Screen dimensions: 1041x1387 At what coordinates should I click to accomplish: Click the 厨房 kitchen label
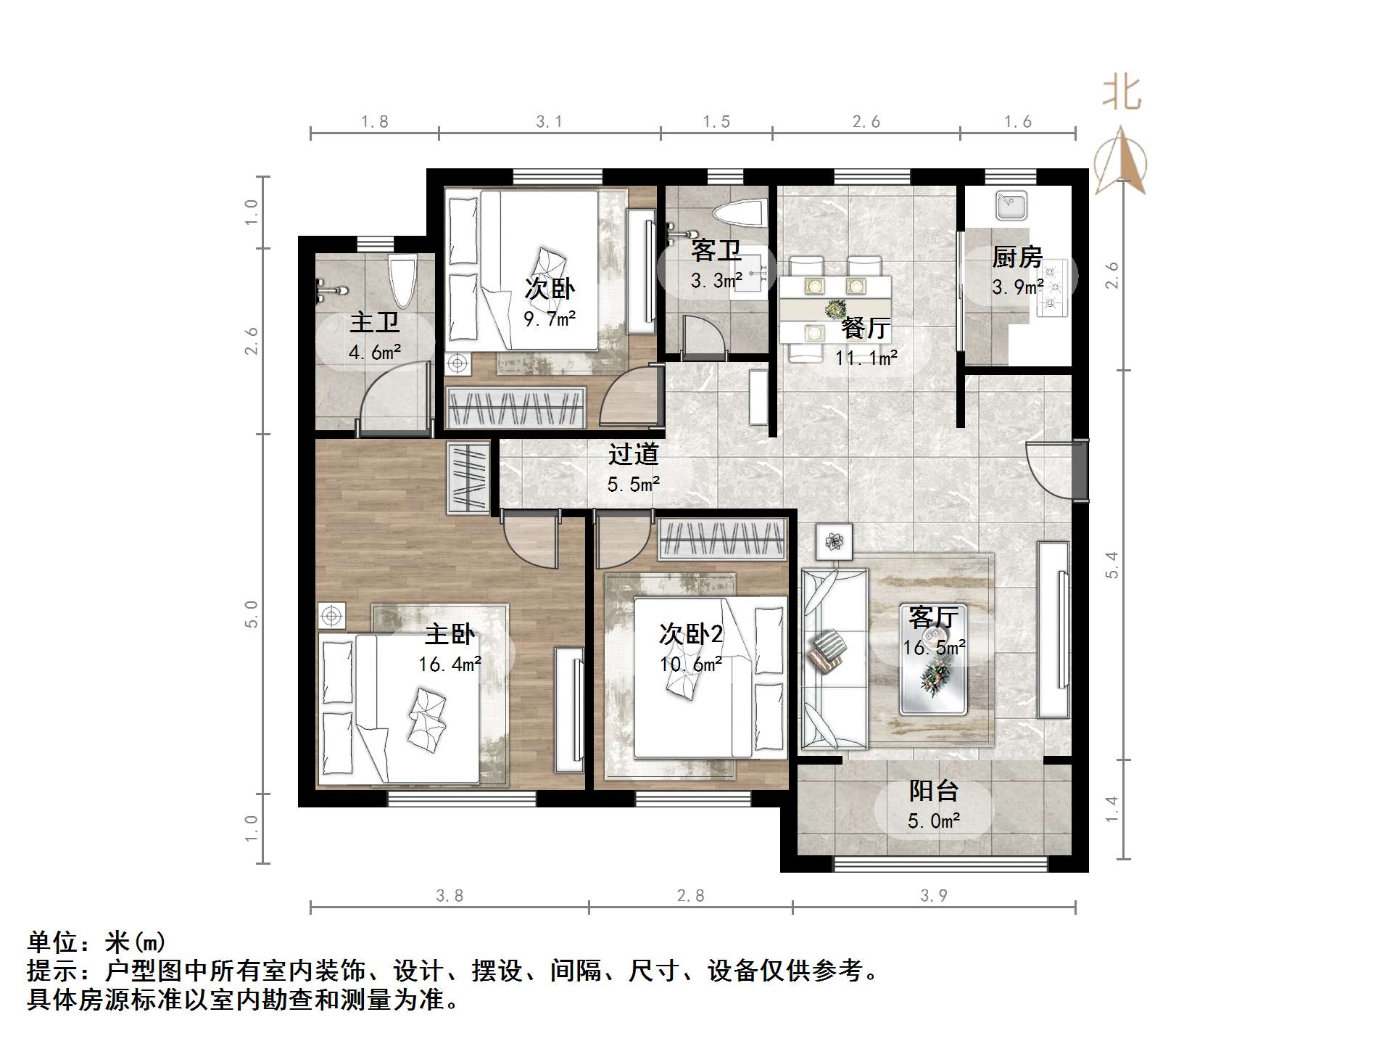(x=1017, y=257)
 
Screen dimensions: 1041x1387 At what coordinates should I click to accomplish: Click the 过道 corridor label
(x=633, y=454)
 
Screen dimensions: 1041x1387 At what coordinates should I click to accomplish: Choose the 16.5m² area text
(x=934, y=647)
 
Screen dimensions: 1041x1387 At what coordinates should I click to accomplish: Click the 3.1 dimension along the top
(x=549, y=122)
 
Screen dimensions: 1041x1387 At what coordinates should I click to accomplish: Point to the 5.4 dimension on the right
(x=1111, y=564)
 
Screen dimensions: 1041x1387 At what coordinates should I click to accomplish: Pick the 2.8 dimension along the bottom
(x=690, y=896)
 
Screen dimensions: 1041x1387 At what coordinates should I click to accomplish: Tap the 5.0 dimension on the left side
(x=251, y=614)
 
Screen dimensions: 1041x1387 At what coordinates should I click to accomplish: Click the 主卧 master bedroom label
(x=450, y=635)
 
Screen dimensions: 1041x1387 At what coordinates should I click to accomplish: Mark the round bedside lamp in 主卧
(x=331, y=616)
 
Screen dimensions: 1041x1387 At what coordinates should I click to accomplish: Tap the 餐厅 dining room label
(x=866, y=329)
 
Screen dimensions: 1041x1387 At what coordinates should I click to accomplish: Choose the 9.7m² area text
(x=550, y=318)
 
